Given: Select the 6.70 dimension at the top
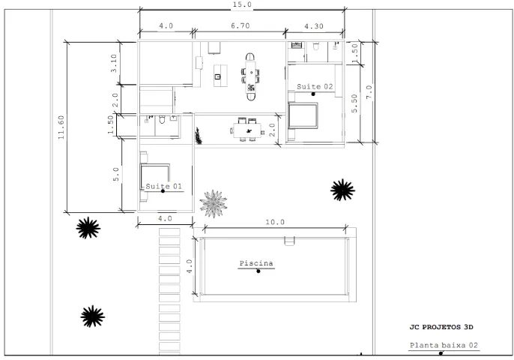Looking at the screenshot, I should (x=240, y=25).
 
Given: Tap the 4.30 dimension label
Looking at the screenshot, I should (x=315, y=25).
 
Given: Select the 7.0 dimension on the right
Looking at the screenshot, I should (x=369, y=91).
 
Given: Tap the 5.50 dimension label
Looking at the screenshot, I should (x=354, y=103).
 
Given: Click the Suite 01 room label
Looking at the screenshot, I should (x=162, y=186).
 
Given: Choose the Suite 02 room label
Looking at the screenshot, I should (x=314, y=87).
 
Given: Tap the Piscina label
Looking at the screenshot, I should (x=256, y=263).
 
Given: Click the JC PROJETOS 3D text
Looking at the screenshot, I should (x=441, y=327).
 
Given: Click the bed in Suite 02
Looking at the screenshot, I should (x=304, y=116).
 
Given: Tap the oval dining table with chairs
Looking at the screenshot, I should (x=250, y=75).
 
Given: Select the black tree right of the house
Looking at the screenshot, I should (x=342, y=190).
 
